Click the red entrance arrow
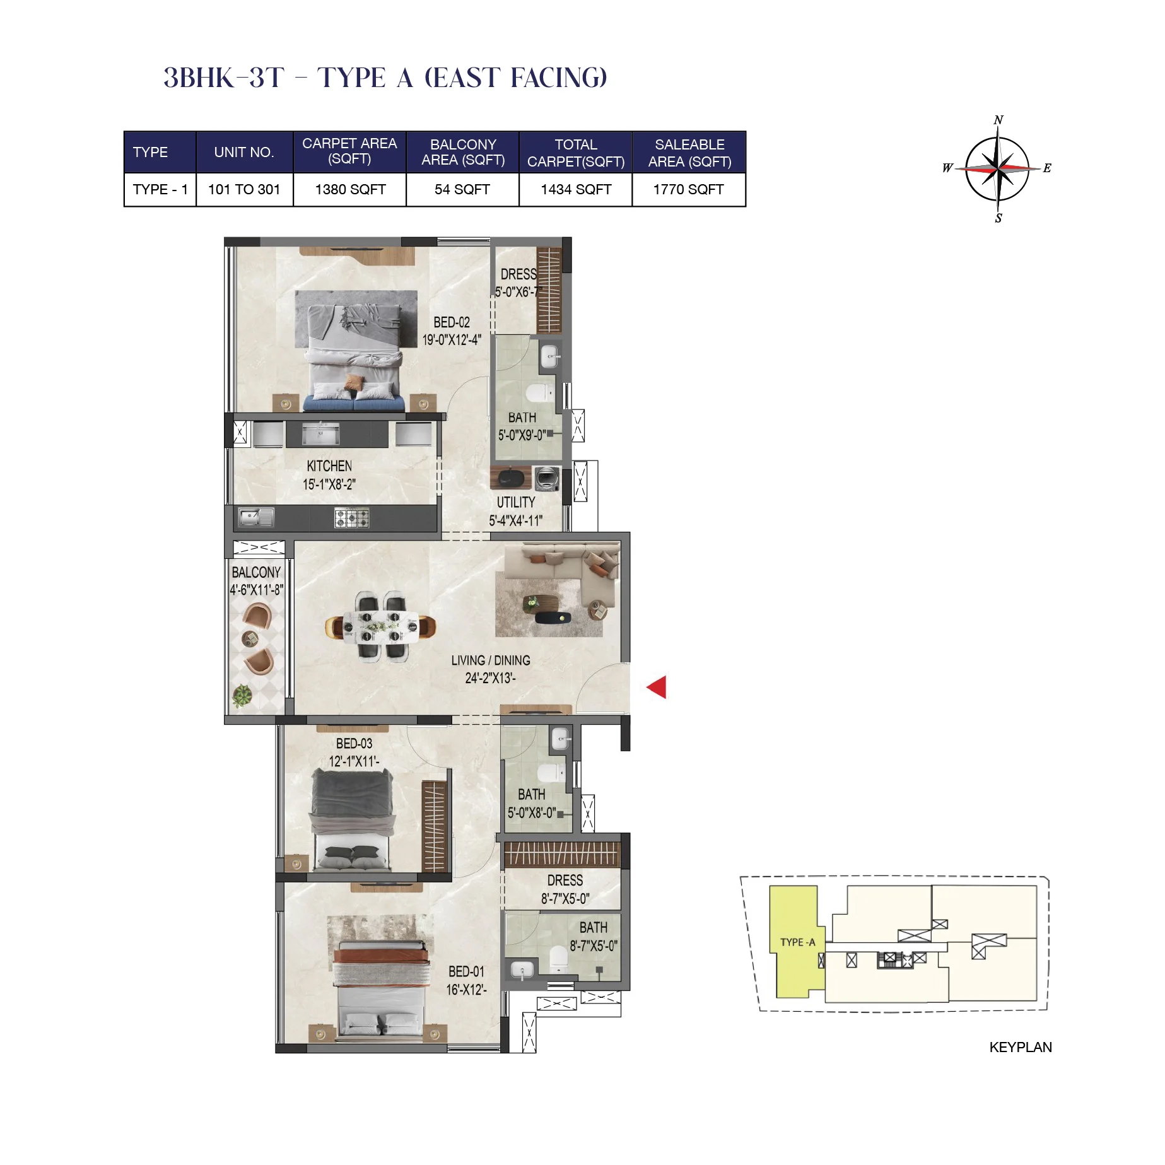click(x=658, y=687)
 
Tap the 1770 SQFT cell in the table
click(x=688, y=189)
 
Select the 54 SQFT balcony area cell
click(x=462, y=189)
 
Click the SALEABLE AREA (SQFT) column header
click(x=689, y=153)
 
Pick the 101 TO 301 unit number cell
click(x=244, y=189)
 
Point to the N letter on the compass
click(x=998, y=120)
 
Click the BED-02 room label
click(x=451, y=322)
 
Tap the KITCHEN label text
click(x=329, y=466)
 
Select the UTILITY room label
click(x=515, y=503)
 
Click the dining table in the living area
click(x=380, y=626)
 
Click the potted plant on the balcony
click(x=242, y=696)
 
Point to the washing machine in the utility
click(x=547, y=479)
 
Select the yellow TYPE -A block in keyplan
click(x=797, y=942)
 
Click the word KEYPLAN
click(x=1020, y=1047)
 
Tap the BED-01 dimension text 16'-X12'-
click(x=466, y=990)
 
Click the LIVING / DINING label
click(x=490, y=660)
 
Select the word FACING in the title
click(x=558, y=78)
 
